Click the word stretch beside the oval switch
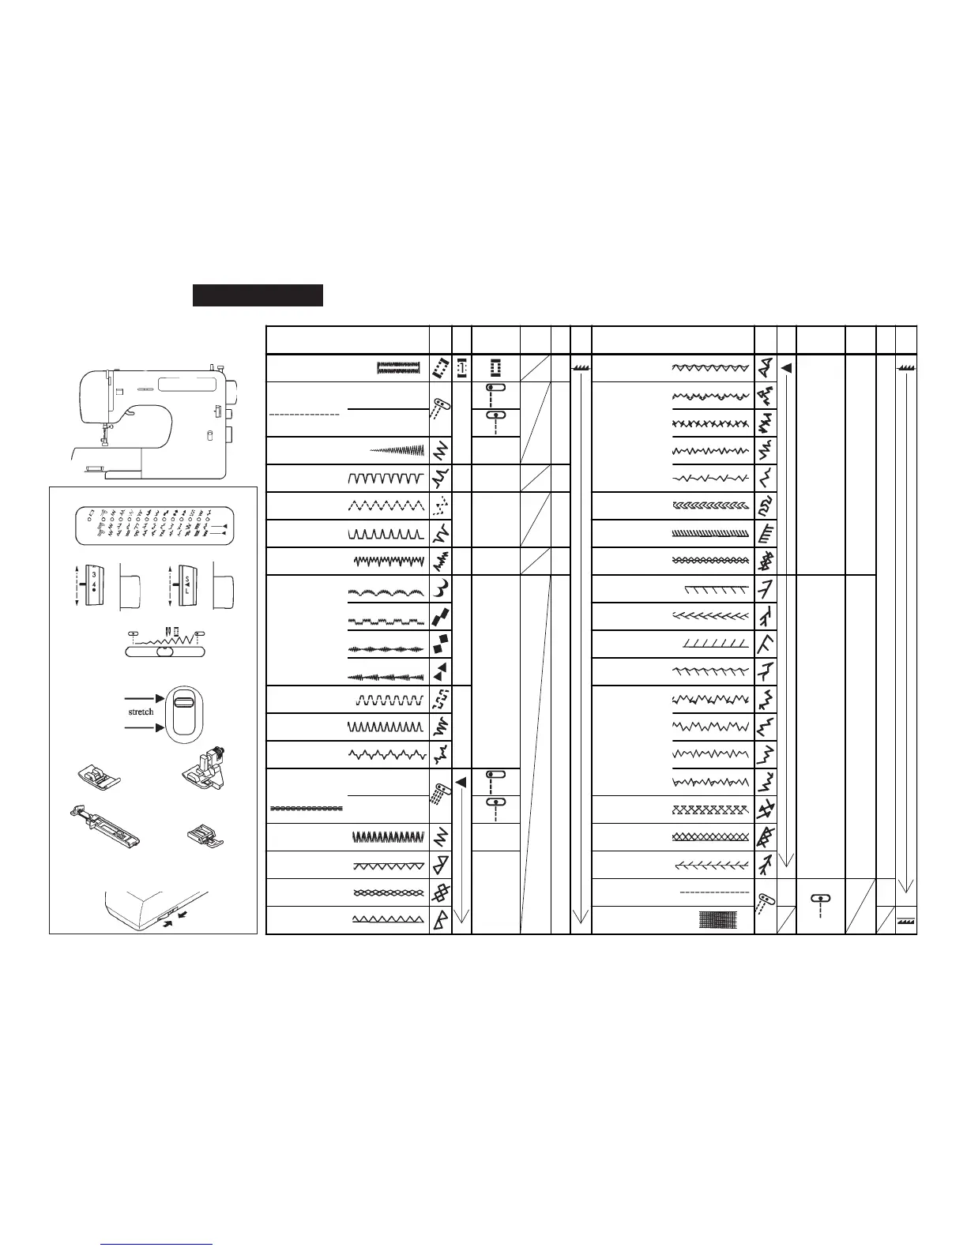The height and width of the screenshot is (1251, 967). [141, 712]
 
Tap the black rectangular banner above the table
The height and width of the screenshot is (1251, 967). [258, 295]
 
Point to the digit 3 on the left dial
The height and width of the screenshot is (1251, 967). [93, 574]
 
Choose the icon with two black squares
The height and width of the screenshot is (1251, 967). [441, 644]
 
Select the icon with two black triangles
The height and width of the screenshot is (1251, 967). [441, 671]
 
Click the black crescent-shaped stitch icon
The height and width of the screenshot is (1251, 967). [441, 589]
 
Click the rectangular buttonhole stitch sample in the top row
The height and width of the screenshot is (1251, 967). [397, 367]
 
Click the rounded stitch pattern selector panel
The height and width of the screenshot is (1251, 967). [154, 522]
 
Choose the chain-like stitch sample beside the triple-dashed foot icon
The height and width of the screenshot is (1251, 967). [307, 810]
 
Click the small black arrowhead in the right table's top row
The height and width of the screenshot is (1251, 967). [786, 368]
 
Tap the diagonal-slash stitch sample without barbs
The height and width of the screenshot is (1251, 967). [714, 644]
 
